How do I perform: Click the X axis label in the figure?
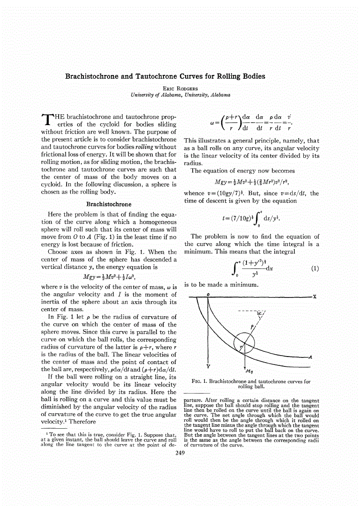(x=315, y=296)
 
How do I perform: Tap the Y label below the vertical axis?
(x=207, y=366)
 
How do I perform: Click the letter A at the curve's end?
(x=311, y=357)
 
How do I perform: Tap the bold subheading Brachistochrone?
(x=109, y=204)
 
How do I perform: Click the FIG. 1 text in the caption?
(x=200, y=381)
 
